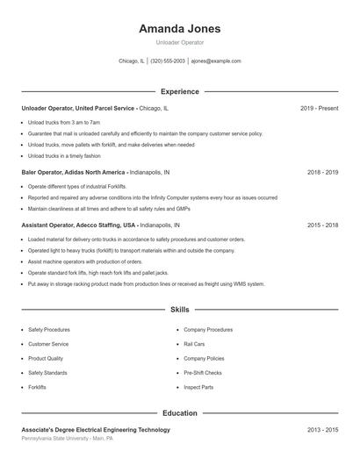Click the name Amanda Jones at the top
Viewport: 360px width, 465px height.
(179, 28)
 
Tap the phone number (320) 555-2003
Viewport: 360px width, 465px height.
(168, 61)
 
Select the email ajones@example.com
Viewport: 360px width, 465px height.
(216, 61)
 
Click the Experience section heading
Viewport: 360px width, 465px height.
(179, 91)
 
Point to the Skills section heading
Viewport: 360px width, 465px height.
(179, 310)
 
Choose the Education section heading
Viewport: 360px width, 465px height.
(179, 412)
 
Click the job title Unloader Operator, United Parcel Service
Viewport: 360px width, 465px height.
(78, 108)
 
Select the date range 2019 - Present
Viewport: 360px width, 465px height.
(319, 108)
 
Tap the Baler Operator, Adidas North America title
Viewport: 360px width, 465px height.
(74, 173)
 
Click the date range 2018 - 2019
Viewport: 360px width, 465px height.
(322, 173)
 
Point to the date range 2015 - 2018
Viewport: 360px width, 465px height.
(322, 225)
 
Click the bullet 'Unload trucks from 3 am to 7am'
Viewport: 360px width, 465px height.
(64, 122)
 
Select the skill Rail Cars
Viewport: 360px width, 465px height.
(194, 344)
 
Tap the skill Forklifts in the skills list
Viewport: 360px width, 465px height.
(37, 387)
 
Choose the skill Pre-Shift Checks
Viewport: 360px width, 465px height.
(202, 373)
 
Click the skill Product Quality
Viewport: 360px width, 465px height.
(46, 358)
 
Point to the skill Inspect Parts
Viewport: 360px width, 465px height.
(198, 387)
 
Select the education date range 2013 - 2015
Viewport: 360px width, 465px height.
(322, 430)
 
